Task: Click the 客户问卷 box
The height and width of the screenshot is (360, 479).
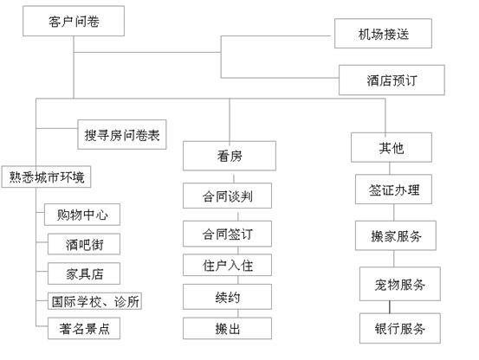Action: (74, 21)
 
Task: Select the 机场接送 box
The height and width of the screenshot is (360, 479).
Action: (383, 34)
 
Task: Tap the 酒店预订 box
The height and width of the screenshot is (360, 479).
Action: (392, 80)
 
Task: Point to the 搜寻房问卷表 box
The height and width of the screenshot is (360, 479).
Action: (122, 134)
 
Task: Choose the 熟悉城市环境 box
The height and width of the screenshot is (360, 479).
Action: (46, 177)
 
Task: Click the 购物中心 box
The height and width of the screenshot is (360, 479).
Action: (82, 215)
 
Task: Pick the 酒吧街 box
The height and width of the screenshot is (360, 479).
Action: (84, 244)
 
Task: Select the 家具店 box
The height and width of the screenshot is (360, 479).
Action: (84, 273)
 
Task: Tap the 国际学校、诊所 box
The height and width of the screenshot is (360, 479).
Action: (94, 301)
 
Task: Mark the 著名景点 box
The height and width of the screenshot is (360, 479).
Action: (84, 328)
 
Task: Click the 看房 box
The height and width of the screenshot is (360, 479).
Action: (230, 156)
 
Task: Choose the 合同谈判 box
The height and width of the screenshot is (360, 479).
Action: (227, 196)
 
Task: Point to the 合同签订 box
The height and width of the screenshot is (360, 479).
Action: (227, 234)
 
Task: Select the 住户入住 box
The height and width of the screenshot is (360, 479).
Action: (227, 265)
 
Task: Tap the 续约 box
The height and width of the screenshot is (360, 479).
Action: (227, 297)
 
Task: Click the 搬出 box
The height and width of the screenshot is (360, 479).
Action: (227, 328)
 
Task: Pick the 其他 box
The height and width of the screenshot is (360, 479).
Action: (392, 147)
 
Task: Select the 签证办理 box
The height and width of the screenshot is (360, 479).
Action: (393, 190)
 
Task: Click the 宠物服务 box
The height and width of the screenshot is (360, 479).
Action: (400, 284)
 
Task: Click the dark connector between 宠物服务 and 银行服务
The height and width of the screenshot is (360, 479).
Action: (390, 307)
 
